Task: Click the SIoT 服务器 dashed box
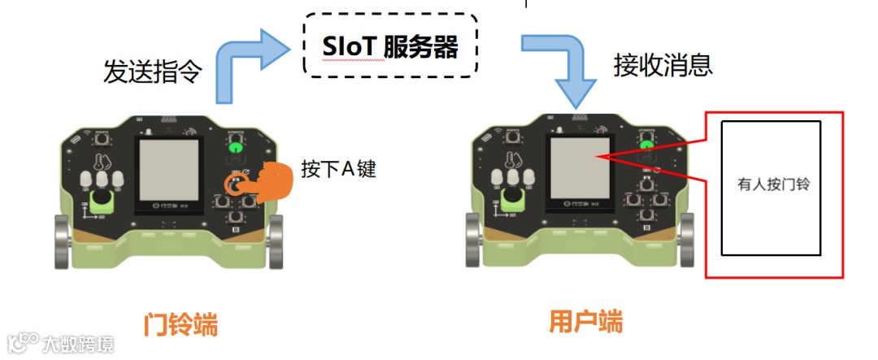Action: click(x=389, y=46)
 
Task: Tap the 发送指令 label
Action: click(x=152, y=72)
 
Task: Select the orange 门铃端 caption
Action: click(x=180, y=325)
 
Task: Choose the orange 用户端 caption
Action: click(x=586, y=322)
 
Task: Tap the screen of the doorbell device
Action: click(x=168, y=167)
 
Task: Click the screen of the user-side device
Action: click(x=576, y=167)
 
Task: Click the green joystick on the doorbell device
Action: click(x=102, y=201)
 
